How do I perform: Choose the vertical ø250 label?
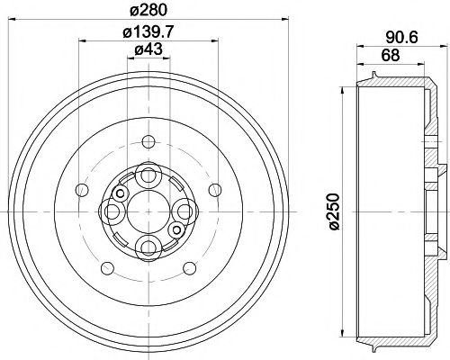(x=334, y=212)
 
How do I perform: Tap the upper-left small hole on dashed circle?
(x=83, y=188)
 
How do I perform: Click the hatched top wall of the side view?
(x=396, y=84)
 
